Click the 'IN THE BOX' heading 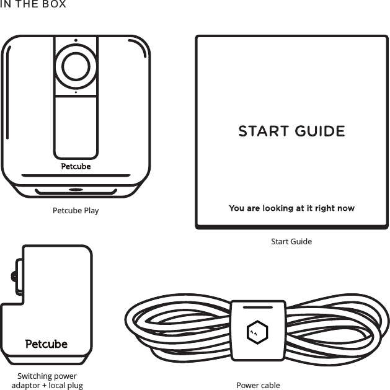(33, 5)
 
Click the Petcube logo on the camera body (76, 166)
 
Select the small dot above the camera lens (76, 42)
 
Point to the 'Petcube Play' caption (76, 210)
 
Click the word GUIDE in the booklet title (320, 131)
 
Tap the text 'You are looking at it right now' (291, 208)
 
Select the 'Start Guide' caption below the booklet (291, 241)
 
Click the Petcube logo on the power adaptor (47, 343)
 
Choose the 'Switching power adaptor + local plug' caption (47, 381)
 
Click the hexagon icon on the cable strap (257, 331)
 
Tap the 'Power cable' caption (258, 385)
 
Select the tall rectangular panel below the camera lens (76, 127)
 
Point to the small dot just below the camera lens (76, 92)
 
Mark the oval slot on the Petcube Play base (76, 190)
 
